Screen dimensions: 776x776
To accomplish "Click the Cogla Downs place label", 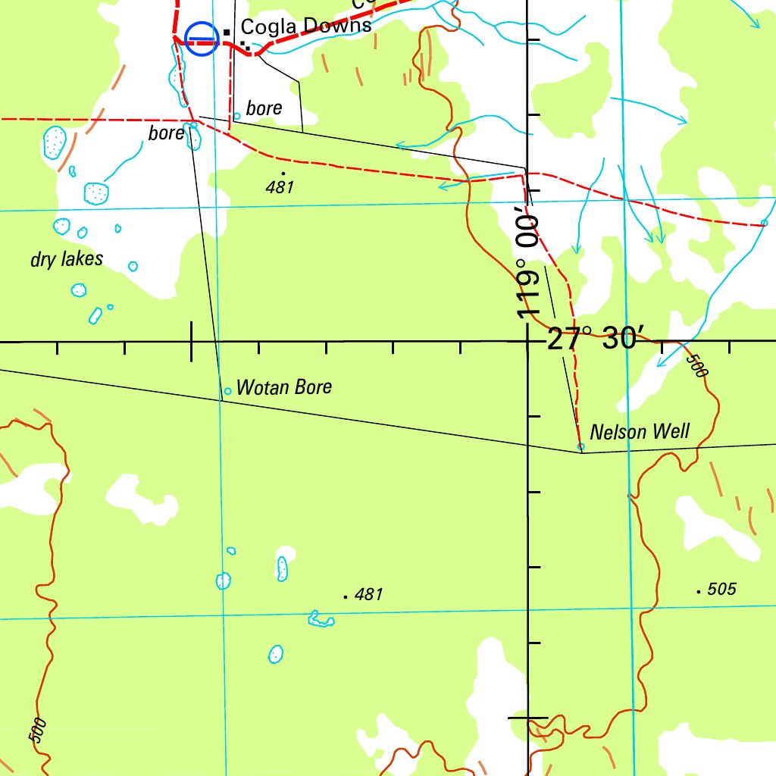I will click(306, 27).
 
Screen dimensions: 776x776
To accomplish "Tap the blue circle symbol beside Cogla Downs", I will click(202, 38).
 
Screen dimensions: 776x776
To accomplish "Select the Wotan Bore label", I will click(284, 388).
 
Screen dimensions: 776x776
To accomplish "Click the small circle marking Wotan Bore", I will click(227, 392).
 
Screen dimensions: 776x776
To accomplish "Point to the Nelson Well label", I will click(640, 432).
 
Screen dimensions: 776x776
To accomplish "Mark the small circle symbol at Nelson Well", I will click(581, 446).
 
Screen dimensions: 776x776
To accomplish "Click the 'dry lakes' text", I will click(67, 259).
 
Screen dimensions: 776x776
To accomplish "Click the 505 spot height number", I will click(721, 590).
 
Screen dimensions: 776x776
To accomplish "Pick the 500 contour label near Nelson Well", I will click(696, 367).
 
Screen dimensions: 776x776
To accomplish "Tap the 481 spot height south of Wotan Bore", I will click(368, 595).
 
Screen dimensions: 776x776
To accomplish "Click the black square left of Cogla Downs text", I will click(226, 31).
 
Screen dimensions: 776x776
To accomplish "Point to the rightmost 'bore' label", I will click(264, 108).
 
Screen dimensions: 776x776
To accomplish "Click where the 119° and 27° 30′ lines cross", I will click(527, 342).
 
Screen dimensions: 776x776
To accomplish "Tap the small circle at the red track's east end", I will click(764, 223).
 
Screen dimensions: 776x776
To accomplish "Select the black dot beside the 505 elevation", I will click(698, 591).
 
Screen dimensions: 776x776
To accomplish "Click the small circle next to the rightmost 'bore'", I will click(237, 116).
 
